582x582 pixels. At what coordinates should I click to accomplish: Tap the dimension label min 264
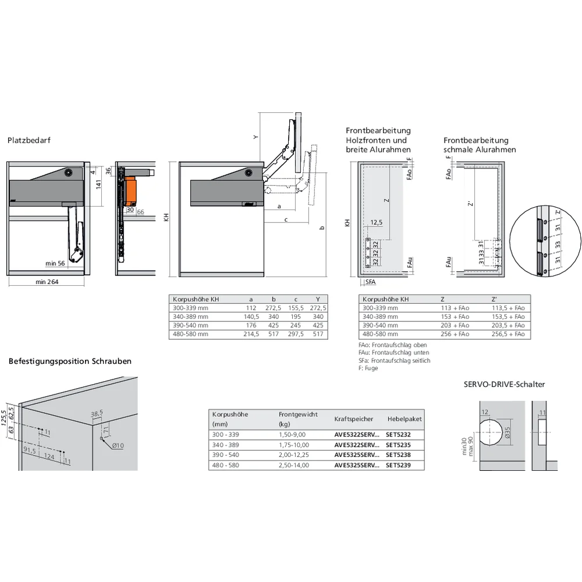pos(47,282)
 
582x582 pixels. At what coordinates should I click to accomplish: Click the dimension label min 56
pos(56,264)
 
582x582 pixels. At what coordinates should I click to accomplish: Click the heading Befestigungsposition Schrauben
pos(70,361)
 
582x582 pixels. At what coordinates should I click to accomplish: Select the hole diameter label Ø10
pos(118,446)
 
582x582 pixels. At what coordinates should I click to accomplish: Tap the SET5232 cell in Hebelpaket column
pos(399,434)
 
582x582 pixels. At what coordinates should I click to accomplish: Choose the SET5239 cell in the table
pos(399,465)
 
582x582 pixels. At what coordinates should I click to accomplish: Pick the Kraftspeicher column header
pos(354,419)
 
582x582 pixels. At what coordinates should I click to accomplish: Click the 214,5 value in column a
pos(251,334)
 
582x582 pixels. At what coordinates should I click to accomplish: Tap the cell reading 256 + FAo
pos(455,334)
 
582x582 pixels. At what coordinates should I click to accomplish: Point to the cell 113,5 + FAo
pos(508,308)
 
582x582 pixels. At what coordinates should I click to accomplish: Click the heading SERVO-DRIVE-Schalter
pos(504,384)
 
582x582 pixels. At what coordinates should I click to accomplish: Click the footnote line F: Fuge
pos(368,368)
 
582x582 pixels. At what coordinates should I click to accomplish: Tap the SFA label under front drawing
pos(370,282)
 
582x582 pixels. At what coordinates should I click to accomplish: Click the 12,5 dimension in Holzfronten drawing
pos(377,222)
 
